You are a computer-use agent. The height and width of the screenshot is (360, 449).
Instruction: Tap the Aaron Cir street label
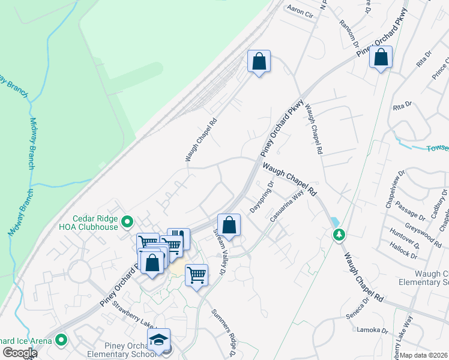pos(301,10)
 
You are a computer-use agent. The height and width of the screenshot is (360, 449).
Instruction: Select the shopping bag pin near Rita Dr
pos(381,58)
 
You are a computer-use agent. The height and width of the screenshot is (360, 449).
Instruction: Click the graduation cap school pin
pos(158,340)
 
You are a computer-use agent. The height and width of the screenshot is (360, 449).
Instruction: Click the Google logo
pos(20,353)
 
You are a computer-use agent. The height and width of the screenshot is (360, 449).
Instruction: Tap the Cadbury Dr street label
pos(441,200)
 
